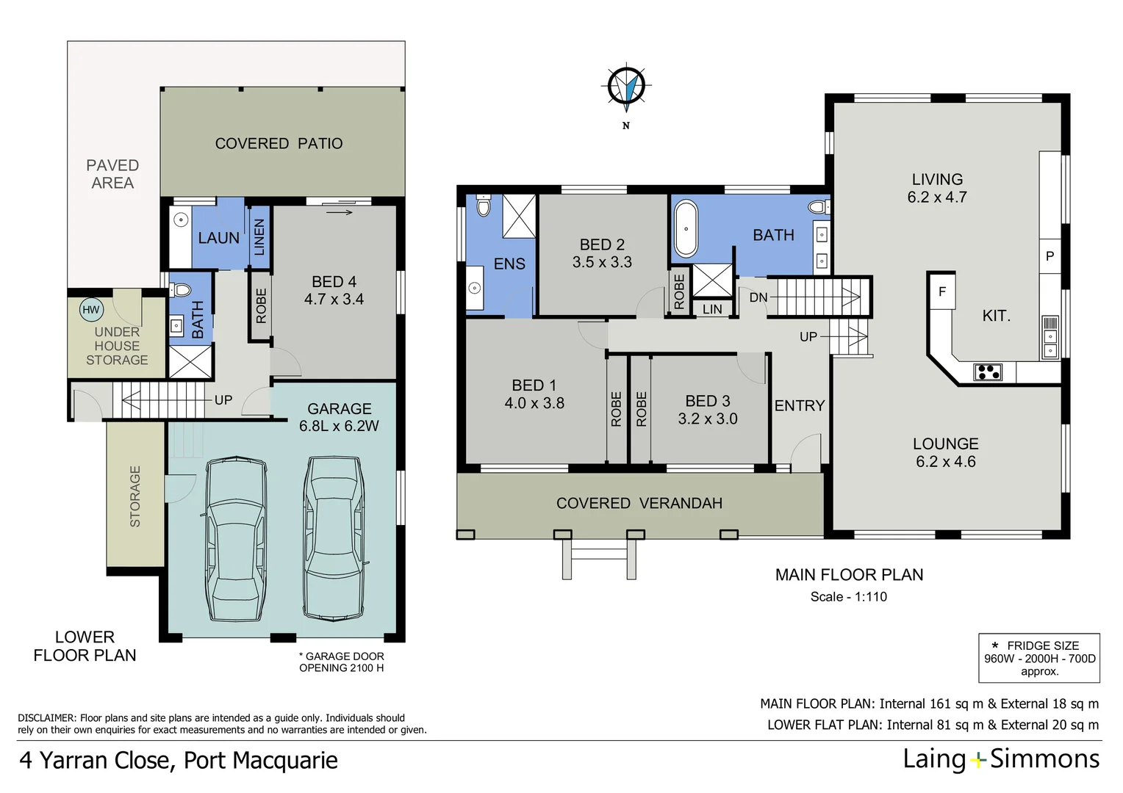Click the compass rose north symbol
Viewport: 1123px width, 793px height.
626,87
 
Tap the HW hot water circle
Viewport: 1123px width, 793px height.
90,310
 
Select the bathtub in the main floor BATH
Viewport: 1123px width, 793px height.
686,228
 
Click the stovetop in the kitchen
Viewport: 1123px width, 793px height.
987,372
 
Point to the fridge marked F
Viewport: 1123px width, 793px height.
941,292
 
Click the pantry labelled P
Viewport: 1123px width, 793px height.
1050,256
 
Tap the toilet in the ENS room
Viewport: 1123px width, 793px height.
483,206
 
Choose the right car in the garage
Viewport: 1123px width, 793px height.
334,537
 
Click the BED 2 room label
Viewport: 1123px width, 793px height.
602,253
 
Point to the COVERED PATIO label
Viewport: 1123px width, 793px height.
279,144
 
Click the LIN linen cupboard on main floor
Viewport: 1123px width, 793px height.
711,309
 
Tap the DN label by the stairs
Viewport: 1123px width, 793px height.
758,297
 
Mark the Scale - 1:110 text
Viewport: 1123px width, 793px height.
848,597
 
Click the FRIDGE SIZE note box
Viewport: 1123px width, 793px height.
1038,658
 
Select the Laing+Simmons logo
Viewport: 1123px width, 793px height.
1000,759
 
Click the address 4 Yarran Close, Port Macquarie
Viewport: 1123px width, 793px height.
178,760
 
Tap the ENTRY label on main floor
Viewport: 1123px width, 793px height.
799,406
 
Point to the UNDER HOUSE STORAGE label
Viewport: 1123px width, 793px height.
117,346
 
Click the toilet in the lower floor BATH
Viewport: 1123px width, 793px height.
181,289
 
